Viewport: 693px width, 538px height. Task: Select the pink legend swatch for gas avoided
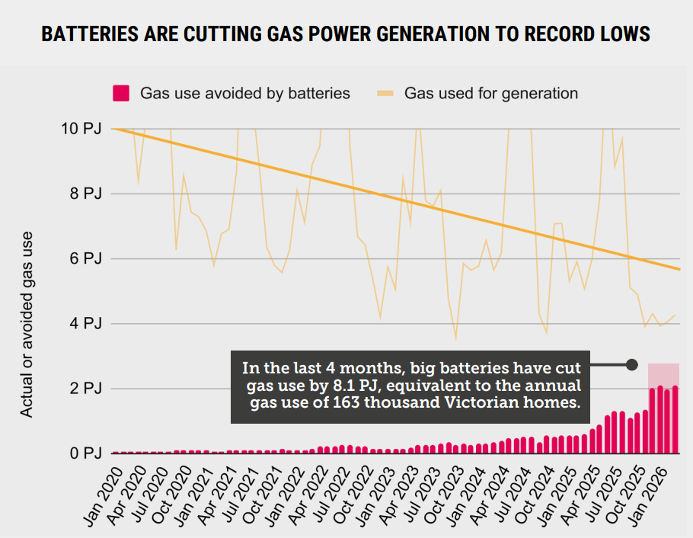click(x=120, y=94)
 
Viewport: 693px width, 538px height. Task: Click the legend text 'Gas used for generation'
click(x=490, y=94)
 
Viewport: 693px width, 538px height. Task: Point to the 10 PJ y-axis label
click(x=81, y=129)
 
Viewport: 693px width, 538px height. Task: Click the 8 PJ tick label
click(x=85, y=194)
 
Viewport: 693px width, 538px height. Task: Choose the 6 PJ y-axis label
click(x=85, y=259)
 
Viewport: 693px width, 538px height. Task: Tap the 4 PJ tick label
click(x=85, y=324)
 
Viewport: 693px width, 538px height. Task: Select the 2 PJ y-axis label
click(x=85, y=389)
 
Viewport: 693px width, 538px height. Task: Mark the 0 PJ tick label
click(x=85, y=453)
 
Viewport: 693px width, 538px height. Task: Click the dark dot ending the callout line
click(x=631, y=364)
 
